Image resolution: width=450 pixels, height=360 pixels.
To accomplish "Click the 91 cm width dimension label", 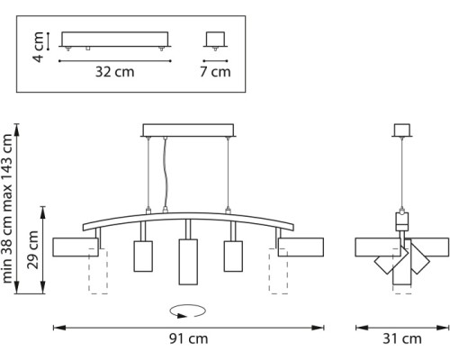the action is (x=188, y=338).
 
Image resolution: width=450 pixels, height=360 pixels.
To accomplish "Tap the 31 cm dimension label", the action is (x=402, y=338).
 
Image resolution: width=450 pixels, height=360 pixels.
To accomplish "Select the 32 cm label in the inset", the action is (x=114, y=72).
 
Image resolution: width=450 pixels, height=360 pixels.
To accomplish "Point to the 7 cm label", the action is (x=215, y=72).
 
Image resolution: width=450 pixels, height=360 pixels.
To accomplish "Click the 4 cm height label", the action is (x=38, y=47).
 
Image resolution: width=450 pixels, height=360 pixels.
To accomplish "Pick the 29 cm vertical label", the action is (x=32, y=249).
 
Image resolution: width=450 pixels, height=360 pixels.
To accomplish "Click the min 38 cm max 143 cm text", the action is (x=7, y=209).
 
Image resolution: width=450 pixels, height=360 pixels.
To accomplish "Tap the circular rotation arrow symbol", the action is (x=188, y=311).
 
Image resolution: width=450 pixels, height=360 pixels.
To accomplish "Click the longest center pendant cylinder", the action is (x=188, y=262).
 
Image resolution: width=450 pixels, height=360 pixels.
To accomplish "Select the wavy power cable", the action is (x=165, y=174).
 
